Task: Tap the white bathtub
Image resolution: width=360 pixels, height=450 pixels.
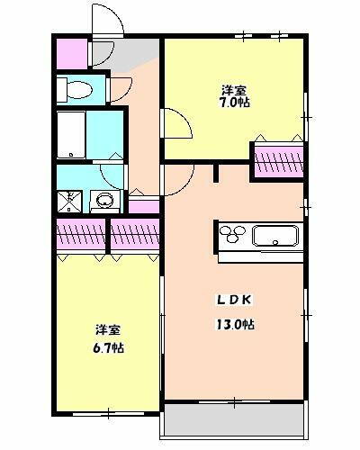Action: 71,136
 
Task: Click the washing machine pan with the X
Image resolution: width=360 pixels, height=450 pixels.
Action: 69,200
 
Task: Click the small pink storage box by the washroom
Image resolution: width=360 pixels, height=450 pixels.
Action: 143,206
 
